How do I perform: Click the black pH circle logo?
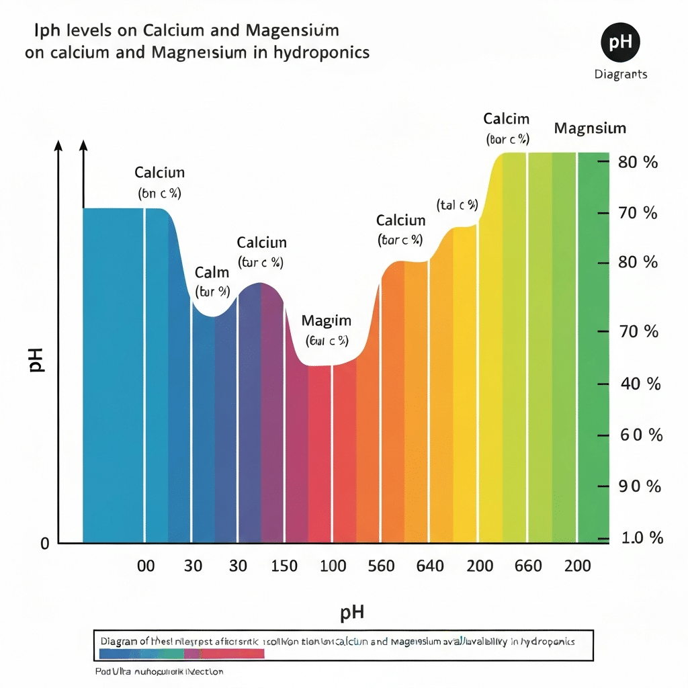click(x=620, y=43)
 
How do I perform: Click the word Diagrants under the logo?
click(x=621, y=74)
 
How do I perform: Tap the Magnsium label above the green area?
click(x=590, y=128)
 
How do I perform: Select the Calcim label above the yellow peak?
click(x=507, y=120)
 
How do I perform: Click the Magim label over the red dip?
click(x=327, y=320)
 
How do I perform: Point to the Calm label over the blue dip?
click(x=212, y=273)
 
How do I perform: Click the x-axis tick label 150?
click(x=284, y=566)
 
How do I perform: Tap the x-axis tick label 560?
click(x=381, y=566)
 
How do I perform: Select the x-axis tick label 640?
click(x=430, y=566)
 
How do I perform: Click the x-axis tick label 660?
click(x=528, y=566)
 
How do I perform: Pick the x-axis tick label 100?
click(x=333, y=566)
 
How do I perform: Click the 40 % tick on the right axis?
click(x=641, y=384)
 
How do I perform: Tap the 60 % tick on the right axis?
click(x=641, y=435)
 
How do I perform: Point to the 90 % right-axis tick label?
click(x=641, y=486)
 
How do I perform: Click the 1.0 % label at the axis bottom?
click(x=641, y=538)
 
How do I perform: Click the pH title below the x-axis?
click(x=352, y=612)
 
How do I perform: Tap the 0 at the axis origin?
click(x=44, y=544)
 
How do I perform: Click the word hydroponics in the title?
click(x=322, y=52)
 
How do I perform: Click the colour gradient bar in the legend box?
click(x=181, y=654)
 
